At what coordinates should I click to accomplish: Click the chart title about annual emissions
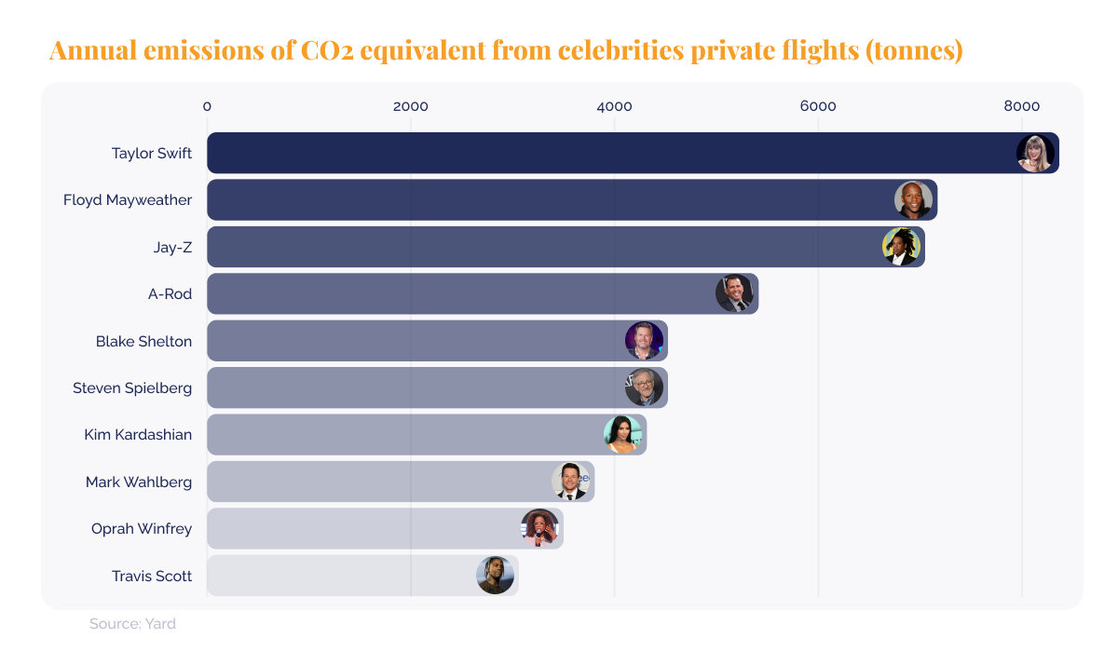coord(505,50)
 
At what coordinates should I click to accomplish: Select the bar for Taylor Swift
coord(606,153)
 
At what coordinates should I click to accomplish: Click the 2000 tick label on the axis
coord(410,106)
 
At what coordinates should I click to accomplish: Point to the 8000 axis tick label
coord(1021,106)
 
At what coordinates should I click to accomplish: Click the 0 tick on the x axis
coord(207,106)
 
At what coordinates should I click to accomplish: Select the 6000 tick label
coord(818,106)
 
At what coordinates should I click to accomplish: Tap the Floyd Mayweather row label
coord(128,199)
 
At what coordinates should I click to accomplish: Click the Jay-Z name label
coord(172,247)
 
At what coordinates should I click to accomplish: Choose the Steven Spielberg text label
coord(132,387)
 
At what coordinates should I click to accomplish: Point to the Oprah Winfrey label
coord(142,528)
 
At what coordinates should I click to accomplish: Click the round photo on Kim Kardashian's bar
coord(622,434)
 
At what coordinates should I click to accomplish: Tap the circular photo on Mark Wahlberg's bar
coord(570,482)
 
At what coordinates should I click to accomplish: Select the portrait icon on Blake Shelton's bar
coord(644,341)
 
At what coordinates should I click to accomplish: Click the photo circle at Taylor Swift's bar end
coord(1035,153)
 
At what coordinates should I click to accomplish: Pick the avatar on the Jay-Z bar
coord(901,247)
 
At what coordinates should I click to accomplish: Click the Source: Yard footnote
coord(132,624)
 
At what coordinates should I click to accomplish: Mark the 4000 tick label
coord(614,106)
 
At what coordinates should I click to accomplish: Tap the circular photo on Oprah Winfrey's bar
coord(539,528)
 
